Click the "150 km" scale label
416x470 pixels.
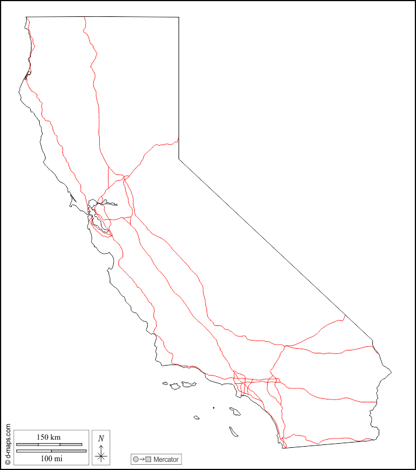[48, 437]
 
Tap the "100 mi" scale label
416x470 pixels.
[51, 458]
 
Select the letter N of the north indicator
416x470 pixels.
[101, 439]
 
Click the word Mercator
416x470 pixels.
[166, 460]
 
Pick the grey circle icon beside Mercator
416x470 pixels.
[136, 460]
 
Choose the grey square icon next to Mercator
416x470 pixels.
[149, 460]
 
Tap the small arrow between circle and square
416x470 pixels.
[142, 460]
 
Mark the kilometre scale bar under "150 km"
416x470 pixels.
[49, 444]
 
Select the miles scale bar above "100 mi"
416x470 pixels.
[51, 451]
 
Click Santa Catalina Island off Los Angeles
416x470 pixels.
[235, 411]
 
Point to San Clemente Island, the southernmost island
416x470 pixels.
[233, 432]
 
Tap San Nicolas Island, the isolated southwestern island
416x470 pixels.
[197, 417]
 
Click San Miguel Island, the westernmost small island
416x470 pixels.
[165, 383]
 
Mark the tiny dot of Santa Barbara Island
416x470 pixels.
[214, 408]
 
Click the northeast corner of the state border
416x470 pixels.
[179, 17]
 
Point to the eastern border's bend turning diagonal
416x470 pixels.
[179, 159]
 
